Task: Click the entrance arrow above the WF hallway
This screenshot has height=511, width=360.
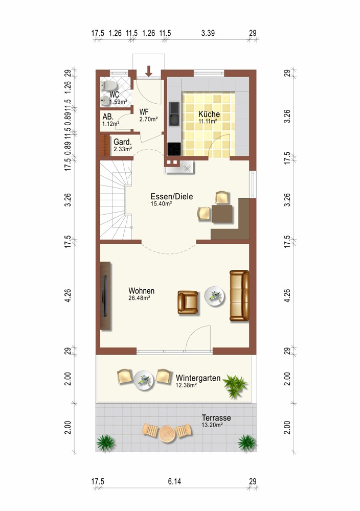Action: pyautogui.click(x=149, y=71)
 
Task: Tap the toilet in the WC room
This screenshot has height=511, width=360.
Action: pyautogui.click(x=109, y=86)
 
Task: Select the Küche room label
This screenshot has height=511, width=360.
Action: pyautogui.click(x=209, y=114)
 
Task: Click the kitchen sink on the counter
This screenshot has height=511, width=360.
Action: pyautogui.click(x=174, y=113)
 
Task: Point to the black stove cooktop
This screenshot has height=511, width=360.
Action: pyautogui.click(x=174, y=149)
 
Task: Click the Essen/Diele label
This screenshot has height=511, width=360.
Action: pyautogui.click(x=171, y=197)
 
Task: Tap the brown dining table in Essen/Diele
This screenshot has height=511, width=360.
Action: pyautogui.click(x=222, y=214)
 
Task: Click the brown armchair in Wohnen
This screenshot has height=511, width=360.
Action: pyautogui.click(x=188, y=303)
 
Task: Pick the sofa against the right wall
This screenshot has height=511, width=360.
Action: pyautogui.click(x=239, y=296)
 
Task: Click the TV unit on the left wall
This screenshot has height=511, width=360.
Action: pyautogui.click(x=105, y=296)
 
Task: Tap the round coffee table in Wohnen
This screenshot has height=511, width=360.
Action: pyautogui.click(x=214, y=296)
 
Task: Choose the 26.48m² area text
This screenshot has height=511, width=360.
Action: pyautogui.click(x=139, y=298)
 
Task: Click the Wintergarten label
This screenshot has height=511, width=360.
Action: pyautogui.click(x=198, y=378)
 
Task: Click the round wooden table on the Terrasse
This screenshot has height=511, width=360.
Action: pyautogui.click(x=167, y=433)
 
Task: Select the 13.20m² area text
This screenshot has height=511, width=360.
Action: pyautogui.click(x=212, y=425)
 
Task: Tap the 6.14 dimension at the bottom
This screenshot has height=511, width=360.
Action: pyautogui.click(x=174, y=481)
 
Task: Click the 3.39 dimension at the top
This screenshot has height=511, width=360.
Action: pyautogui.click(x=208, y=33)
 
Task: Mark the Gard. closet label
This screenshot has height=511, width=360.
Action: pyautogui.click(x=123, y=142)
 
